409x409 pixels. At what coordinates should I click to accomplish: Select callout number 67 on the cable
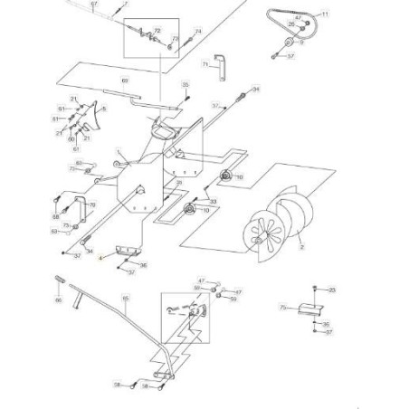[93, 5]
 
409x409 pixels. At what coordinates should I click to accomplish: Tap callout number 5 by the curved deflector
[104, 109]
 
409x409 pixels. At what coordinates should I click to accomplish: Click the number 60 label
[71, 139]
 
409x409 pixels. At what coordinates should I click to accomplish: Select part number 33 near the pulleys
[214, 201]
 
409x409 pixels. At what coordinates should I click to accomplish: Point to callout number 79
[91, 205]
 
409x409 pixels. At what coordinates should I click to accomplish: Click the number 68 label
[55, 217]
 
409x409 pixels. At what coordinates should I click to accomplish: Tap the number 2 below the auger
[301, 245]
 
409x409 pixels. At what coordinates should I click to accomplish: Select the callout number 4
[101, 259]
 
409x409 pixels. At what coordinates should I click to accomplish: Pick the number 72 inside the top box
[157, 32]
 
